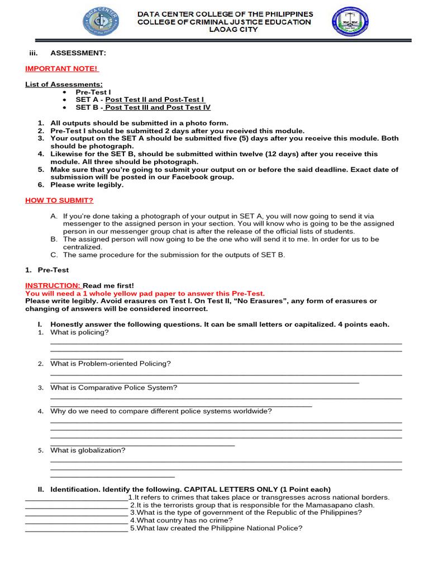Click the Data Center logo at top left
[x=101, y=22]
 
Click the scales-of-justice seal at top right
[x=350, y=22]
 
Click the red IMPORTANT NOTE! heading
[x=61, y=68]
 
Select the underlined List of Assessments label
[x=64, y=84]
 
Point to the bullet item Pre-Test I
[x=93, y=92]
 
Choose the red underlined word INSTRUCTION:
[x=53, y=285]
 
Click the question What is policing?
[x=79, y=332]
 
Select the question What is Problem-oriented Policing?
[x=111, y=363]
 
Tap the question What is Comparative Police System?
[x=114, y=387]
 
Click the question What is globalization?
[x=88, y=450]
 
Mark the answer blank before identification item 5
[x=77, y=529]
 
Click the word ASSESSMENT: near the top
[x=78, y=53]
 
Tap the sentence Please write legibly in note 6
[x=87, y=185]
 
